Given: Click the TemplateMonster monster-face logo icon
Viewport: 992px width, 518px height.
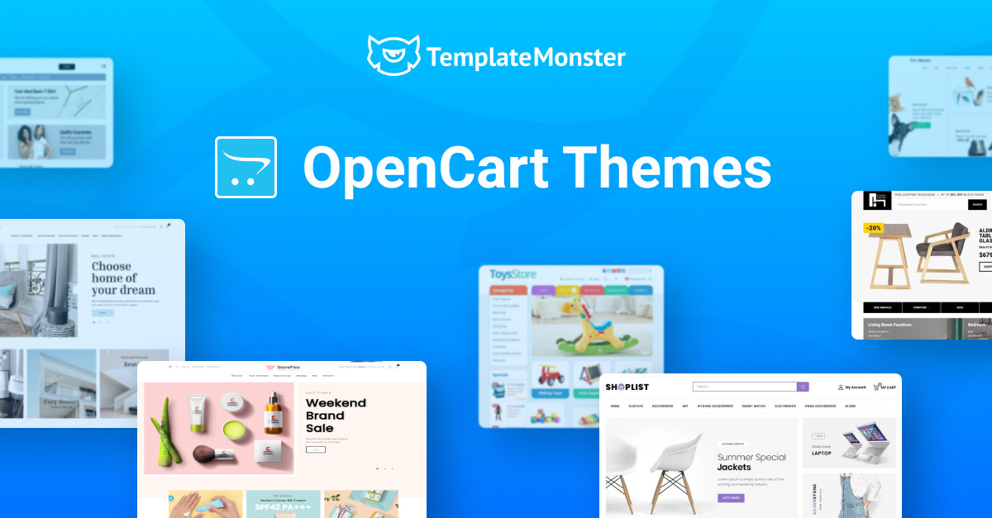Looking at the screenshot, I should tap(393, 56).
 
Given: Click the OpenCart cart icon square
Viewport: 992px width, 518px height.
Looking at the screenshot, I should tap(246, 167).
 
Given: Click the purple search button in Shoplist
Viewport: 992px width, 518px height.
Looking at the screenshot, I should tap(803, 387).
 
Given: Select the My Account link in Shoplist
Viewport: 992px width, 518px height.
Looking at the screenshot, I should tap(852, 387).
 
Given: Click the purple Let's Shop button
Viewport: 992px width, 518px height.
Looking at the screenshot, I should tap(731, 497).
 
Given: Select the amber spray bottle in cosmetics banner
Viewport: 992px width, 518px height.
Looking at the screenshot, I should tap(273, 413).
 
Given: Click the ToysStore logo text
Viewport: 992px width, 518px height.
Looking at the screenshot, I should tap(513, 274).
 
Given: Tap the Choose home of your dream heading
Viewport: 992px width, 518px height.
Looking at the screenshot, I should tap(123, 278).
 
